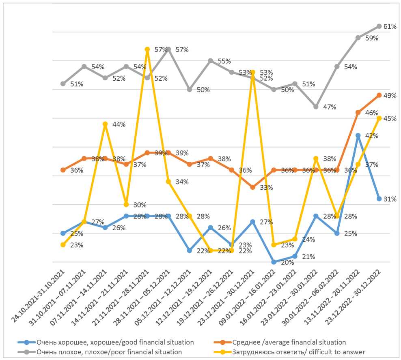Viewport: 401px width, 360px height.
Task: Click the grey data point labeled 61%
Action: coord(379,26)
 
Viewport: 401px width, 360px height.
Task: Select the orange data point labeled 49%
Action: coord(379,95)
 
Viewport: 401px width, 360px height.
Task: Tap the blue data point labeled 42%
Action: coord(358,135)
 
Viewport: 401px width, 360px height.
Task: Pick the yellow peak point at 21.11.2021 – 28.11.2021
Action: coord(147,49)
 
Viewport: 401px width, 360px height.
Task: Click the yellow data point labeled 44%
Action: coord(105,124)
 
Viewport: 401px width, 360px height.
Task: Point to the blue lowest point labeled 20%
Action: coord(274,262)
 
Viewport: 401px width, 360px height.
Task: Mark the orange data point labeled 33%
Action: coord(252,187)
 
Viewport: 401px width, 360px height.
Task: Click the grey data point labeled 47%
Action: coord(316,107)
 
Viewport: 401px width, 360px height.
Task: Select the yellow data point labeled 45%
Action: coord(379,118)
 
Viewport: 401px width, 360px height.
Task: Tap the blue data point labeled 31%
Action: coord(379,199)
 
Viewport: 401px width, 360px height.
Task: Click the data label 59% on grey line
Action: coord(372,39)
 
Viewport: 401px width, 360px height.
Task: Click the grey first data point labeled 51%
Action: coord(63,84)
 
